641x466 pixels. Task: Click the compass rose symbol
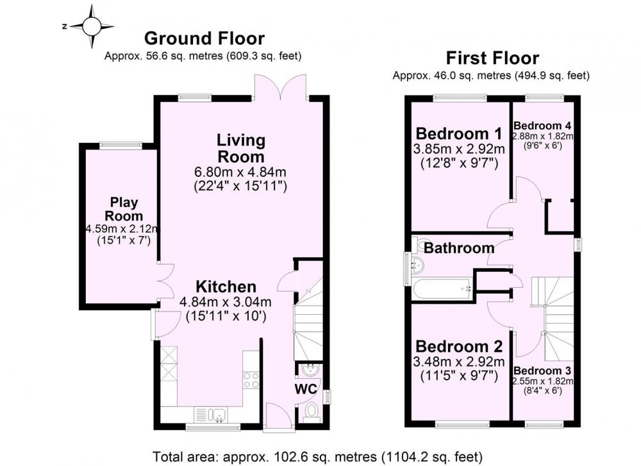click(91, 26)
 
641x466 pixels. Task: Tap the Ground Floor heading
click(204, 38)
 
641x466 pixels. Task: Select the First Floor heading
click(492, 58)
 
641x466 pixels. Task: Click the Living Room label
click(241, 148)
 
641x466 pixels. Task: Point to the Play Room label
click(124, 209)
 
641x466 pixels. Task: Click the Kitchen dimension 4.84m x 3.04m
click(225, 302)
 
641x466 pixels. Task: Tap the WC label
click(306, 388)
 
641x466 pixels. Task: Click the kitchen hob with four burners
click(251, 380)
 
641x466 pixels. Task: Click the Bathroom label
click(459, 248)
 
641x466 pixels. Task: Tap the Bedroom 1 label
click(459, 134)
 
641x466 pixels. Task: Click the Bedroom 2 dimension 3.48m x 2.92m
click(459, 362)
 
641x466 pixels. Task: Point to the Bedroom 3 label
click(542, 370)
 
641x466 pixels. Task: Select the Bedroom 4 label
click(542, 126)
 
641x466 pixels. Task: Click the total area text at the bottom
click(317, 456)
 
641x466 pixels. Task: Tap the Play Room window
click(121, 146)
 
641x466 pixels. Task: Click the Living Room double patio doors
click(281, 87)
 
